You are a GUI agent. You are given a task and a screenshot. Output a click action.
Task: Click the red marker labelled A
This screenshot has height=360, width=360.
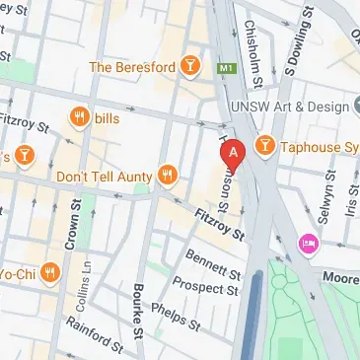tap(233, 155)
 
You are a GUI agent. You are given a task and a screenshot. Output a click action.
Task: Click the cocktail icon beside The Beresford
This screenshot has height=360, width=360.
tap(192, 67)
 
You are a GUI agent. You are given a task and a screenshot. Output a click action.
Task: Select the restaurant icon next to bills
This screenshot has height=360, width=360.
tap(79, 118)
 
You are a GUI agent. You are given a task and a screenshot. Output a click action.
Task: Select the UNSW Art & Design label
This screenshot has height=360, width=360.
tap(290, 107)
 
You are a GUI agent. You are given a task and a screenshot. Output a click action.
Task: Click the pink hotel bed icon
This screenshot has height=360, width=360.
tap(308, 242)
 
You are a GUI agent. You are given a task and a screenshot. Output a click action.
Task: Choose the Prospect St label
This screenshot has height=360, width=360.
tap(205, 287)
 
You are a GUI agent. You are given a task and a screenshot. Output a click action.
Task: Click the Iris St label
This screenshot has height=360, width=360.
tap(351, 202)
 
